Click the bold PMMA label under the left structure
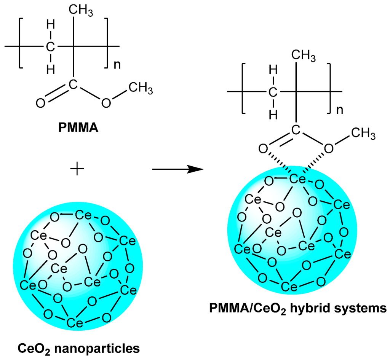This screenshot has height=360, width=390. [78, 128]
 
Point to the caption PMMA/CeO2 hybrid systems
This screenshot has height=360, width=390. [298, 307]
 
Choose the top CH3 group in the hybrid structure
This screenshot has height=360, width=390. [303, 56]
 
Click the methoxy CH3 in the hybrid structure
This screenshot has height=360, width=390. [362, 134]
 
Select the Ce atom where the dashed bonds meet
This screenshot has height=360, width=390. [297, 179]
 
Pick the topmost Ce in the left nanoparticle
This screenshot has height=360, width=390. [83, 215]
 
